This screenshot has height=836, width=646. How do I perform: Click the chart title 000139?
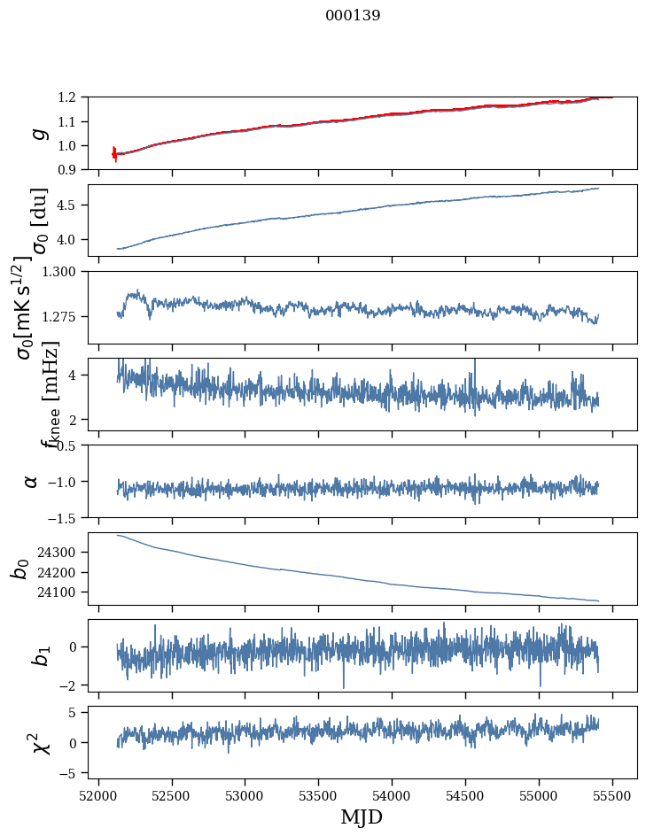(353, 16)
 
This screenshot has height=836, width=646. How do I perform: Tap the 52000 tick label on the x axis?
(98, 796)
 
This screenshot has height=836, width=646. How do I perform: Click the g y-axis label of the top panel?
(37, 133)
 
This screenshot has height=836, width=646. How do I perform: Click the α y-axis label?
(32, 481)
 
